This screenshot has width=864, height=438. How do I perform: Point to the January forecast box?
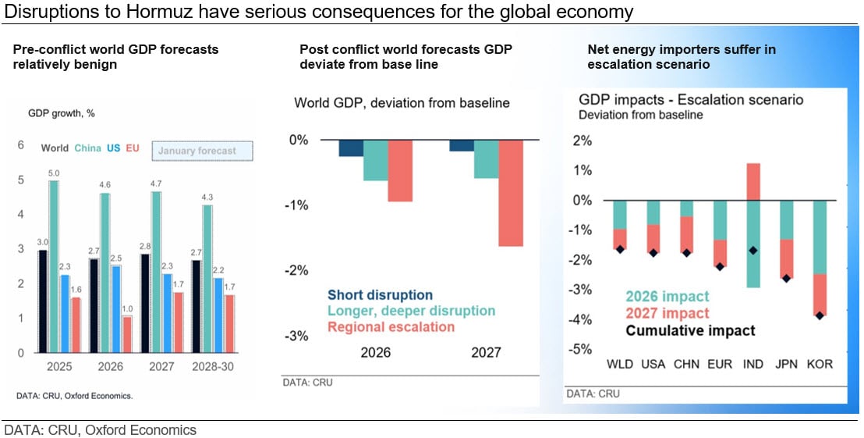[203, 151]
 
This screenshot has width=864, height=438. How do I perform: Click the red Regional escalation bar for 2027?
[511, 193]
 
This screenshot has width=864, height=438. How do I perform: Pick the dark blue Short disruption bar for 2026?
[351, 148]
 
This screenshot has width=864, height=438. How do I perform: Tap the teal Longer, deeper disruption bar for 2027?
[486, 158]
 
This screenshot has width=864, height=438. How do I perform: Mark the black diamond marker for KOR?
[820, 315]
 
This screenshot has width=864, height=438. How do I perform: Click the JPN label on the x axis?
[786, 365]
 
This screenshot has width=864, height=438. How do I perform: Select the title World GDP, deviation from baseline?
[402, 102]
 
